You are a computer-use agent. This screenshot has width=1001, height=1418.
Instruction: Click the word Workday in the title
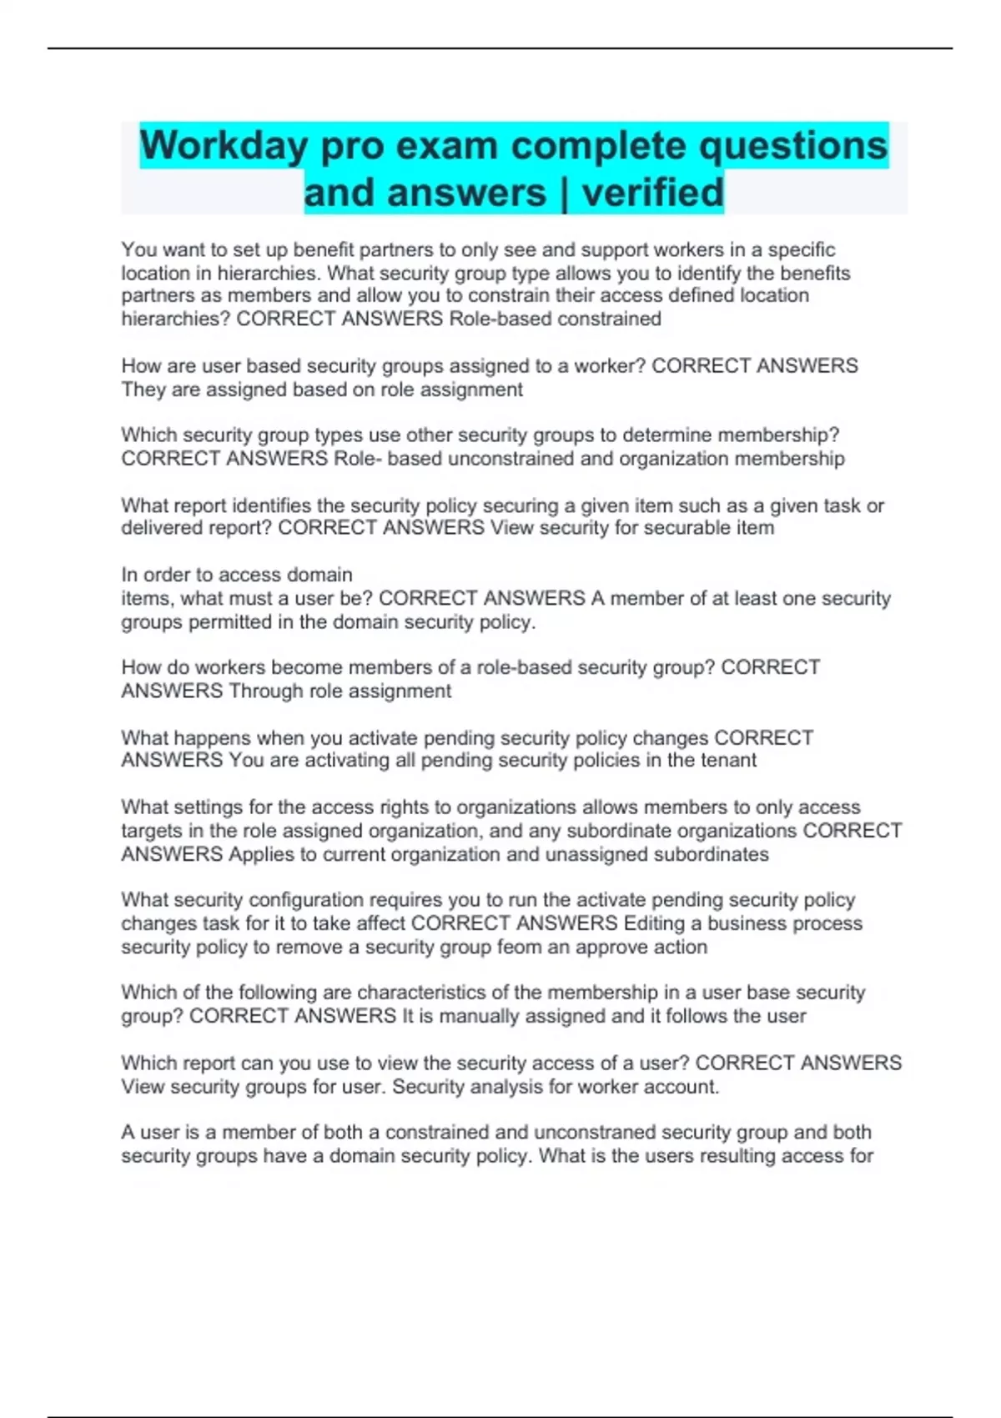coord(223,146)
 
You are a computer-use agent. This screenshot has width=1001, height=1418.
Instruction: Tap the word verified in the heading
coord(652,193)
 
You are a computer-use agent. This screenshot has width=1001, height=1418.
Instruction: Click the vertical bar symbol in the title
coord(564,193)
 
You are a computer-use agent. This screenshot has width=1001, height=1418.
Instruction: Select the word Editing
coord(652,923)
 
